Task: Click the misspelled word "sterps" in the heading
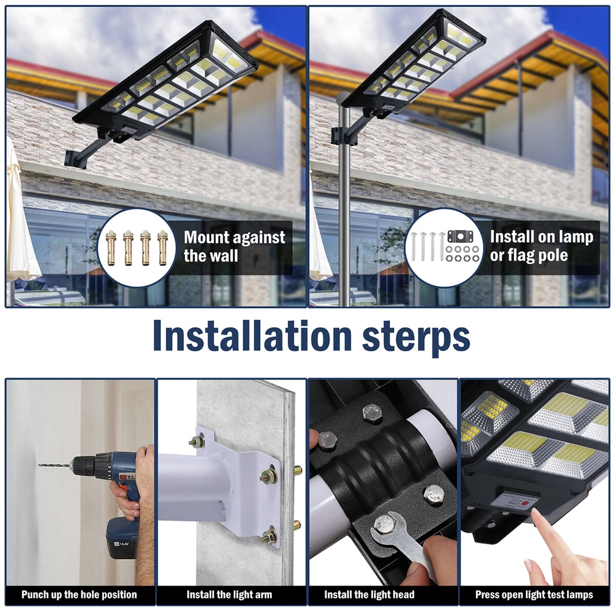(416, 336)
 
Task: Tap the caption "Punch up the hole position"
(79, 595)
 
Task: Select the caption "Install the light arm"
(229, 595)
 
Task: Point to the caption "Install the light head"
(369, 595)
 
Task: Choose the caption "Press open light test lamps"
(534, 595)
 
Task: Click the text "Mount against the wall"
(234, 247)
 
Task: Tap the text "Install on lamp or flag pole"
(541, 245)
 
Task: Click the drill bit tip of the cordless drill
(39, 465)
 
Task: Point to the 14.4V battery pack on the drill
(122, 538)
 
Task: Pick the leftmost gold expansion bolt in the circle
(111, 248)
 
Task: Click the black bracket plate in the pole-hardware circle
(460, 237)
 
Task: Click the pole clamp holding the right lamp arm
(338, 135)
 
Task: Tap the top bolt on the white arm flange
(197, 441)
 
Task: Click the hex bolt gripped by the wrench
(384, 524)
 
